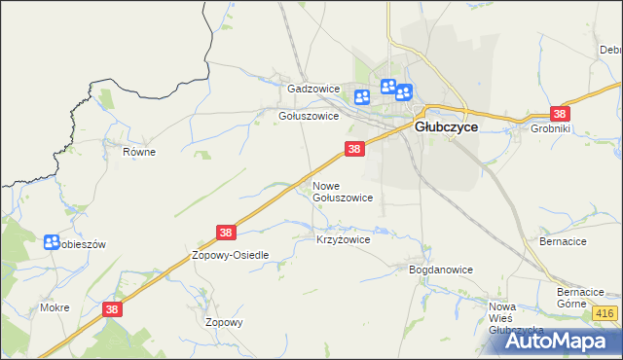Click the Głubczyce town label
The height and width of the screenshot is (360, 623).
pos(446,126)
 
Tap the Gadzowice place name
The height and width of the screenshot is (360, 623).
pos(312,89)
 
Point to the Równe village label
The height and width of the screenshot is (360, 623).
pos(139,152)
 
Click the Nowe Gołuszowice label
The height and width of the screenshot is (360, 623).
pos(342,191)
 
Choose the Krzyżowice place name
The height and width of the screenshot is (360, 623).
pos(343,238)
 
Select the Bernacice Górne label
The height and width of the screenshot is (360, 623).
pos(582,298)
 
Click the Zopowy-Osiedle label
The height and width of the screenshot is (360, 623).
pos(230,254)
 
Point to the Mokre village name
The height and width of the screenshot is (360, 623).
pos(55,306)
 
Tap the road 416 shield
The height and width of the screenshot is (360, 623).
pos(604,312)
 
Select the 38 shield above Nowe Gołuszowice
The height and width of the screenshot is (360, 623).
pos(354,149)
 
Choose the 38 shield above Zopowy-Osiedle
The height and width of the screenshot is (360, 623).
pos(226,233)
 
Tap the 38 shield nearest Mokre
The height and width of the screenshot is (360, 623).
pos(113,308)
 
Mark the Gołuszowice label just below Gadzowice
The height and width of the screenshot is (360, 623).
pos(309,115)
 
